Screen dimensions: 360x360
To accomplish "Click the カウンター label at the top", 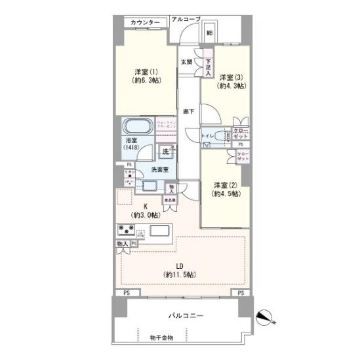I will (x=145, y=23).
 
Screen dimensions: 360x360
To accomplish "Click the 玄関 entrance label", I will (x=186, y=62).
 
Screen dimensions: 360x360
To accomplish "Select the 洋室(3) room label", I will (x=231, y=80).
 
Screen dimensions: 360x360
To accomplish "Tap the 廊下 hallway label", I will (x=188, y=111).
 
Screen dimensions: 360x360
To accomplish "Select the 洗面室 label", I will (x=160, y=169).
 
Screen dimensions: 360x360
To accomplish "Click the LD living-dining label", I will (x=178, y=270).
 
